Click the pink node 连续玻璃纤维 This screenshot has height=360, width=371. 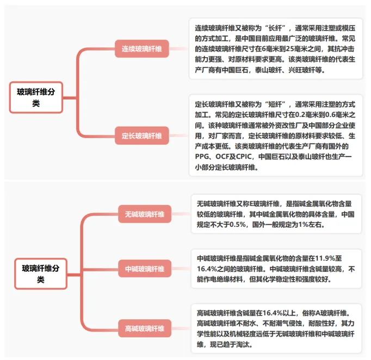point(141,49)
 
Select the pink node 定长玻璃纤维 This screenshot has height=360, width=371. point(141,135)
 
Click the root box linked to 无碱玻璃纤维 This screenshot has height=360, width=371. point(41,274)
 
